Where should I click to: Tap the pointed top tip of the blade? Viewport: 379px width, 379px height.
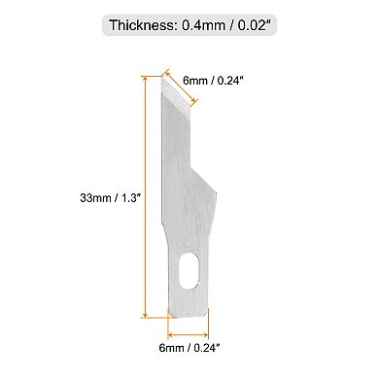coord(155,79)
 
